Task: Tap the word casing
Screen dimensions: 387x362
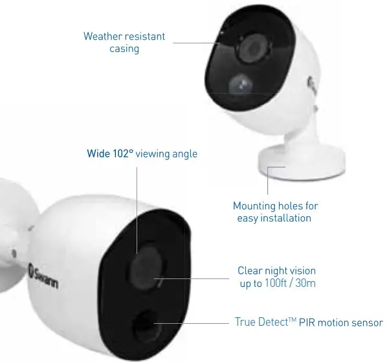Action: [x=124, y=49]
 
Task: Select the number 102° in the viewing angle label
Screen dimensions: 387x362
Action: [x=123, y=153]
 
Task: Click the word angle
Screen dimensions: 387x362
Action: [x=185, y=154]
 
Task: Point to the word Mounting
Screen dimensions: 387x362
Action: [x=254, y=206]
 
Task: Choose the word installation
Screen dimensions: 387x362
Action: [x=286, y=218]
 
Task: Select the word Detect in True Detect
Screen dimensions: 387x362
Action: [x=274, y=322]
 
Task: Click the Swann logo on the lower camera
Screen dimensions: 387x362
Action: [x=43, y=276]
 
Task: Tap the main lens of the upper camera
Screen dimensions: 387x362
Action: [x=252, y=47]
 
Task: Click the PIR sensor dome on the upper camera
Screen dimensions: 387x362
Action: [x=240, y=84]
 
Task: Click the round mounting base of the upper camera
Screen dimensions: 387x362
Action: [x=301, y=163]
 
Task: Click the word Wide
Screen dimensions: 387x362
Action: [x=99, y=153]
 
